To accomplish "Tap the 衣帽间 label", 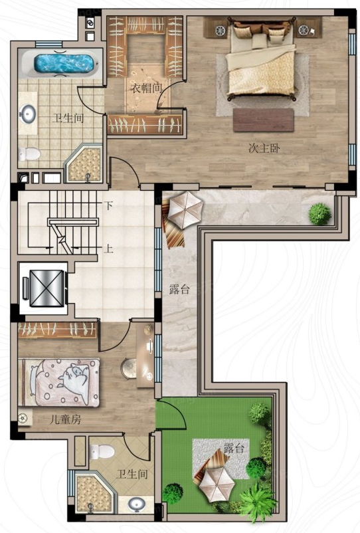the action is (x=146, y=88).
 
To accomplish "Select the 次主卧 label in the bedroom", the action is (x=264, y=149).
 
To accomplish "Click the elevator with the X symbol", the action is (x=46, y=288).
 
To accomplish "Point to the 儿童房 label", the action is (x=65, y=420).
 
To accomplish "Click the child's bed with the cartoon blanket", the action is (x=59, y=382).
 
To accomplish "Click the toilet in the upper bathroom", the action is (x=29, y=154).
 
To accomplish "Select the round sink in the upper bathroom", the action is (x=27, y=114).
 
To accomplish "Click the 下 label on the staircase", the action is (x=108, y=205).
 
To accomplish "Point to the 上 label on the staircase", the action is (x=108, y=249).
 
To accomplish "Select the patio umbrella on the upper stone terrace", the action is (x=185, y=210).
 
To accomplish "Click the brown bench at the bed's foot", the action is (x=263, y=120).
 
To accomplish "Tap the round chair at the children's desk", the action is (x=129, y=368).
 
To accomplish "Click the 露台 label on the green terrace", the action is (x=234, y=448).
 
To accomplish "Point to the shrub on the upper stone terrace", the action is (x=319, y=214).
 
